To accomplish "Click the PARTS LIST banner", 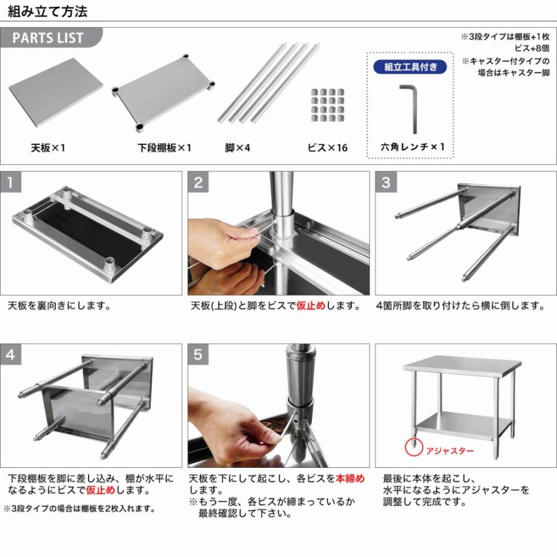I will click(x=48, y=38).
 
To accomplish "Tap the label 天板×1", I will click(x=48, y=149).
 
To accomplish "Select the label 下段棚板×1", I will click(x=165, y=149).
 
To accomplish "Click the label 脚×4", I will click(x=238, y=149).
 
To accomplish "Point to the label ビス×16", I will click(x=327, y=149).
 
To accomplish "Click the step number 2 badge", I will click(x=199, y=183).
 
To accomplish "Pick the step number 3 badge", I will click(x=386, y=183).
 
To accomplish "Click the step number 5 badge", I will click(x=199, y=355).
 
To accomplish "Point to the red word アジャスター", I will click(x=449, y=451).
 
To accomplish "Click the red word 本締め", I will click(x=350, y=478).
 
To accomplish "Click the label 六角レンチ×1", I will click(x=412, y=147).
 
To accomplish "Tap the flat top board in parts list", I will click(x=56, y=92).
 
